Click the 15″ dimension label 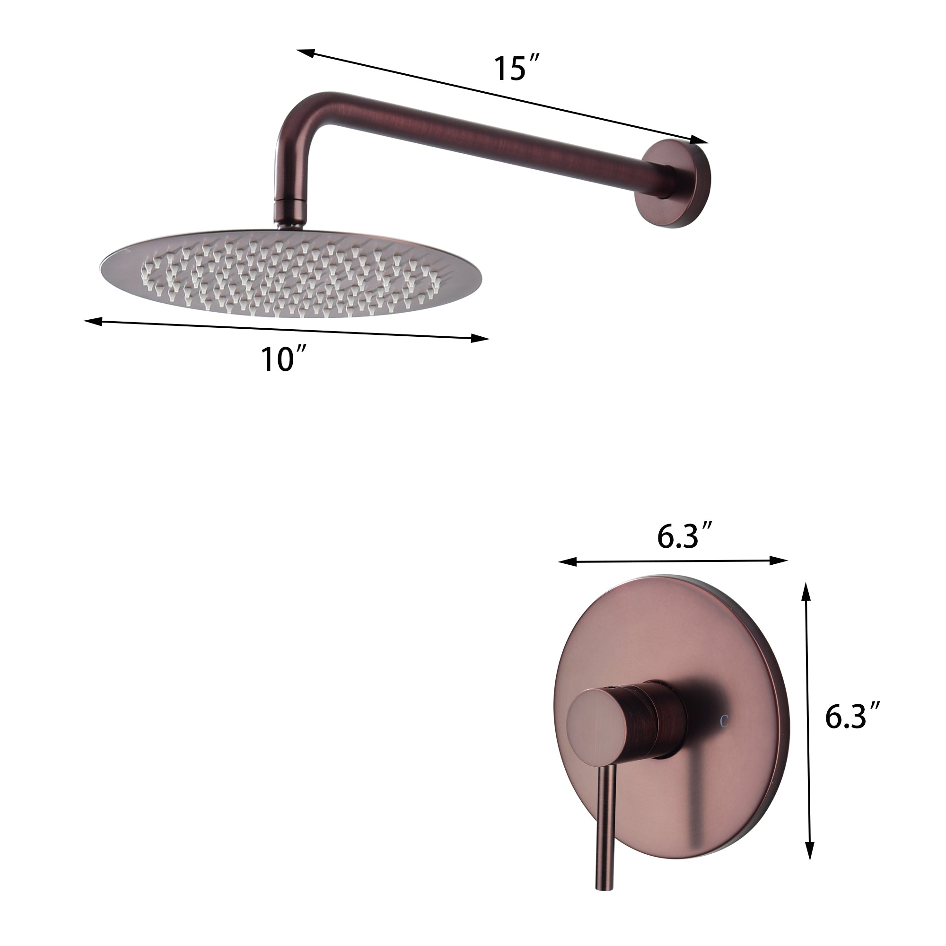pos(515,69)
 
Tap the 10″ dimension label pos(282,360)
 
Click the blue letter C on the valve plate pos(724,721)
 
